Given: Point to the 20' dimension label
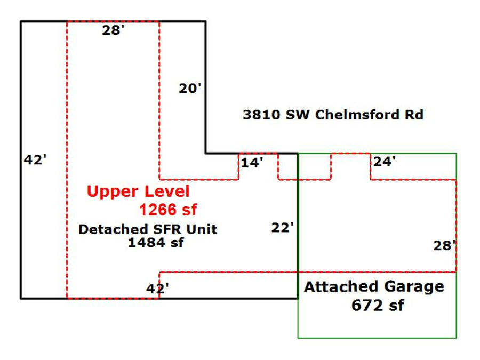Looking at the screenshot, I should point(190,88).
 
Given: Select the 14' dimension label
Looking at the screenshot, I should point(252,162).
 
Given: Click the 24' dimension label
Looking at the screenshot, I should point(384,162).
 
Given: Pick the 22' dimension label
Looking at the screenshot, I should point(283,228).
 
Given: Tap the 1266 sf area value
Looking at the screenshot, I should point(168,209).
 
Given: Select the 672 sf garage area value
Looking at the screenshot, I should point(378,305).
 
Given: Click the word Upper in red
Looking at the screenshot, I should point(108,191).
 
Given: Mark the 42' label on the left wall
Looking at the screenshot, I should point(36,159).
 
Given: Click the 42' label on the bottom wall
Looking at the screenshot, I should point(158,289).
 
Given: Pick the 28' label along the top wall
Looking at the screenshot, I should point(114,30).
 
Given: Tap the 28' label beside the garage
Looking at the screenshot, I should point(444,245).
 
